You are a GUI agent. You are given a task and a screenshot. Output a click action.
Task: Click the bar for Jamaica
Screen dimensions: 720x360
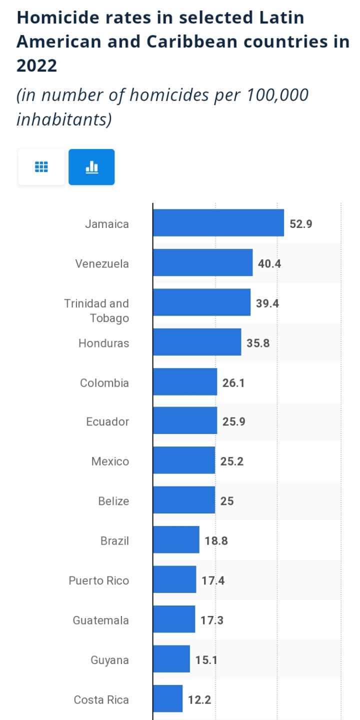(218, 223)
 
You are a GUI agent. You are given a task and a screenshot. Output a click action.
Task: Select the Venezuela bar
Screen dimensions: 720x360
(202, 263)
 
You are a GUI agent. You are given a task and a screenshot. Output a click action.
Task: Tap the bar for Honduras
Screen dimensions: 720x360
(197, 342)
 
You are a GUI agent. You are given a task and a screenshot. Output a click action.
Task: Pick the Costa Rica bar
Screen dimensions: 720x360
(167, 699)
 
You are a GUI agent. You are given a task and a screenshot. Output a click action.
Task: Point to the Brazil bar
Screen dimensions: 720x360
(176, 540)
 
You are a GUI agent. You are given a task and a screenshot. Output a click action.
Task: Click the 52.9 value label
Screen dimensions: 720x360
(301, 224)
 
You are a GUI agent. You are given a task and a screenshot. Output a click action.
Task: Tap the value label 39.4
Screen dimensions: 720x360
(267, 303)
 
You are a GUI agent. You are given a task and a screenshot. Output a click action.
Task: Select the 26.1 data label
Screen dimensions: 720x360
(233, 383)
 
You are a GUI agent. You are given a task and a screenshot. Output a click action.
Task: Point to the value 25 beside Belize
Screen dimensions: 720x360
(227, 501)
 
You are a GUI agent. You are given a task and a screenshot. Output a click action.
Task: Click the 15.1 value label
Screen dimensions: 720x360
(206, 660)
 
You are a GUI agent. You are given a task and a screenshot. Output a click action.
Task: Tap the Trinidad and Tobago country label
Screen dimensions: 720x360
(96, 310)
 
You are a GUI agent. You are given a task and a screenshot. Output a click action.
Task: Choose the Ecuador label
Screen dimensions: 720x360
(107, 421)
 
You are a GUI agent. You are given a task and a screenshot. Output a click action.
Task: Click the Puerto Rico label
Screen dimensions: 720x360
(99, 580)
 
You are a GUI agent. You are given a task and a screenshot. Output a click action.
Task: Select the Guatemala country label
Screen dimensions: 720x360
(101, 620)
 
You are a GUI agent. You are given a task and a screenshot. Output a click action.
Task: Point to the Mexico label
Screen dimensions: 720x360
(110, 461)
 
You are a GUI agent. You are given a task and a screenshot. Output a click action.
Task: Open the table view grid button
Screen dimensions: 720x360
(41, 167)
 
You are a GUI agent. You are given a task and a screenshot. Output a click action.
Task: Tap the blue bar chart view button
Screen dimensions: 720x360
(91, 167)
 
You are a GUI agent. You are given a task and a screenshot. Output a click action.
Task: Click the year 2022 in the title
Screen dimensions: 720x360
(37, 65)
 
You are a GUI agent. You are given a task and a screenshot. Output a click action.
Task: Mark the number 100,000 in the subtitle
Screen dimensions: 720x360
(277, 95)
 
